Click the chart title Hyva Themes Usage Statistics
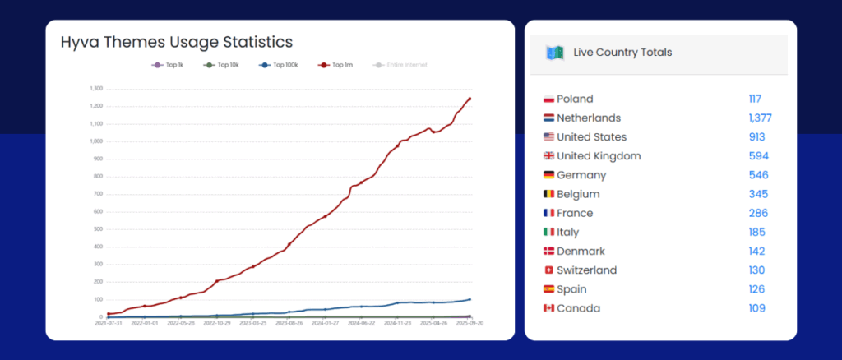pyautogui.click(x=177, y=42)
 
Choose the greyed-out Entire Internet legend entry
pyautogui.click(x=401, y=65)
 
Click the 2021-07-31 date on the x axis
pyautogui.click(x=109, y=323)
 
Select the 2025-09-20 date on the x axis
pyautogui.click(x=470, y=323)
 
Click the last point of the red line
pyautogui.click(x=470, y=99)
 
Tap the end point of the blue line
pyautogui.click(x=470, y=299)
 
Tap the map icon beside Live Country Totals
pyautogui.click(x=554, y=53)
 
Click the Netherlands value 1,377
pyautogui.click(x=760, y=118)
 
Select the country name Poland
pyautogui.click(x=575, y=99)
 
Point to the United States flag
pyautogui.click(x=548, y=137)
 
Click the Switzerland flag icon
pyautogui.click(x=548, y=270)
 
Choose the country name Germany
pyautogui.click(x=581, y=175)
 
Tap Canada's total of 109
pyautogui.click(x=756, y=308)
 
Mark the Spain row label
pyautogui.click(x=574, y=289)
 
